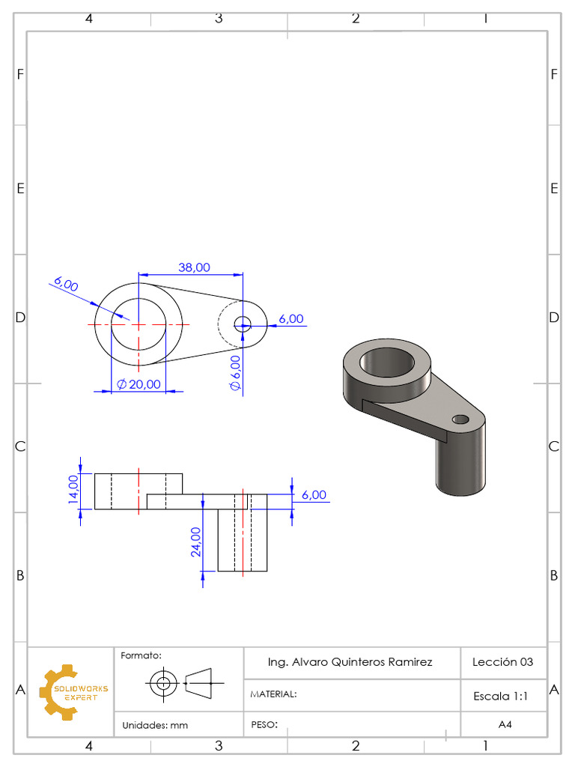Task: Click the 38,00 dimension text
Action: tap(194, 267)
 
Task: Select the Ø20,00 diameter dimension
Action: tap(139, 384)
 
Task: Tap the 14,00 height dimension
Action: tap(73, 491)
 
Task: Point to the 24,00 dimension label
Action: tap(195, 542)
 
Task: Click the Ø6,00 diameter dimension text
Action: tap(235, 372)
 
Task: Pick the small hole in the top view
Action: tap(242, 324)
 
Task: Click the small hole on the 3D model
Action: tap(460, 418)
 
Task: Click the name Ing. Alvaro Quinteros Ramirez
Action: tap(350, 662)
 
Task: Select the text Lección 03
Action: tap(502, 662)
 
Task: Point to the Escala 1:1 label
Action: tap(501, 696)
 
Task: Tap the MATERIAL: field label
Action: tap(273, 694)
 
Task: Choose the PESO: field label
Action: tap(264, 724)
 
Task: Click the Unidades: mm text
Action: tap(155, 725)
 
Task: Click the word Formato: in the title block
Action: tap(141, 655)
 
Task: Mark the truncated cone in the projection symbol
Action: tap(198, 682)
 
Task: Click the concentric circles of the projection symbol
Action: tap(162, 682)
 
